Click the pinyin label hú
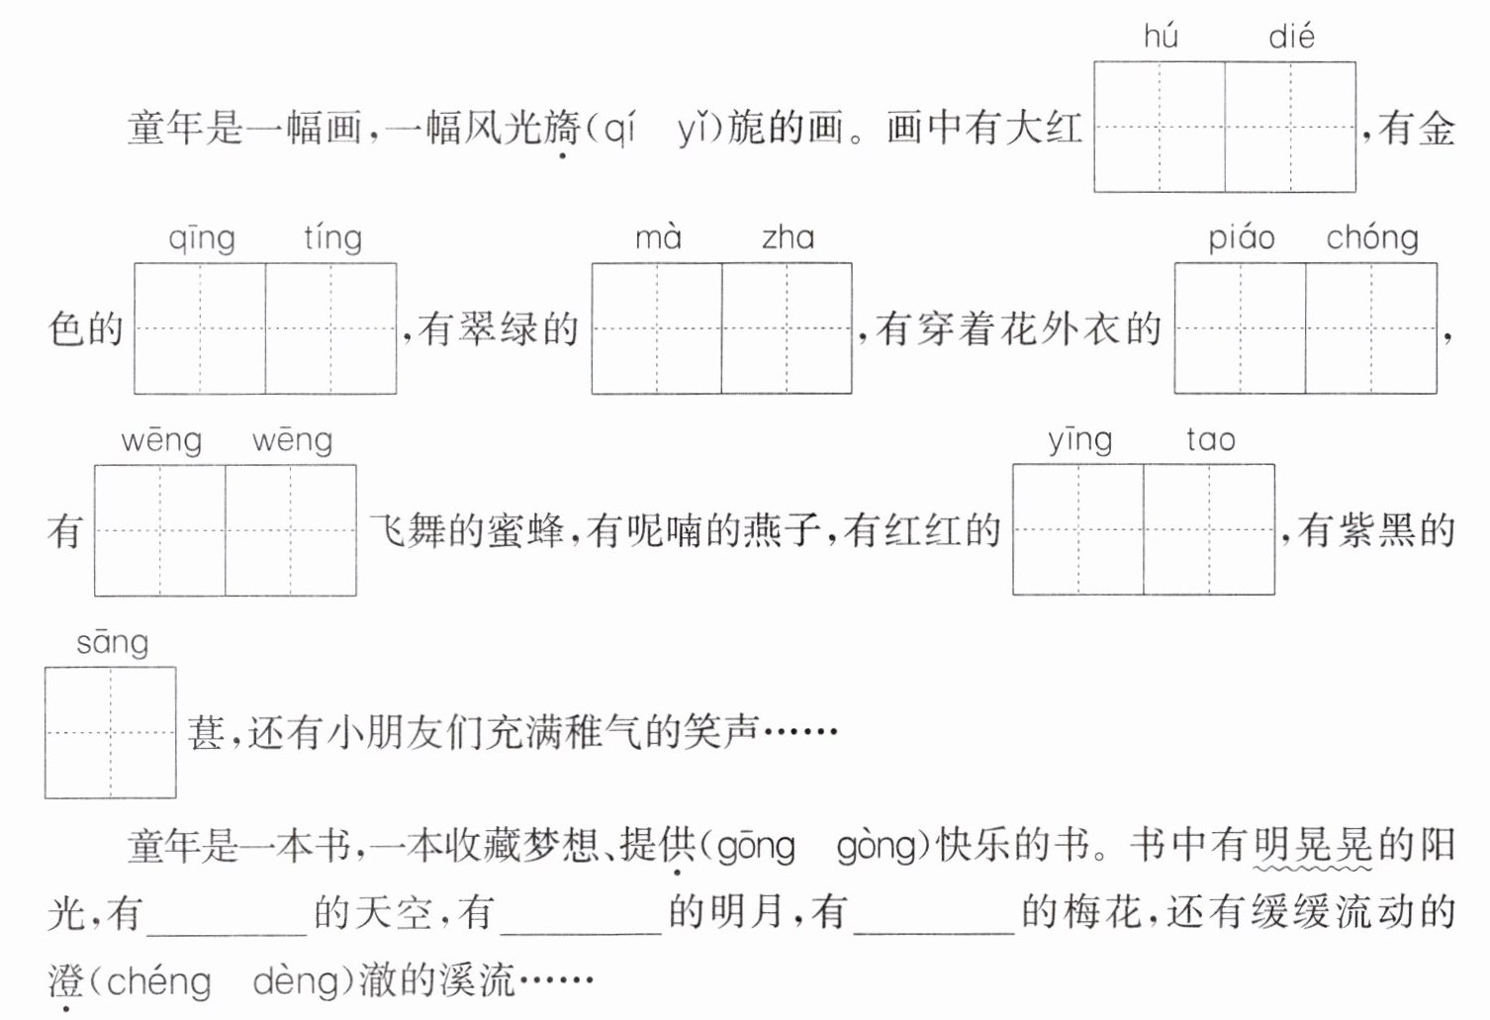click(x=1161, y=36)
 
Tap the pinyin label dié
click(x=1291, y=36)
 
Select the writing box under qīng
click(x=200, y=328)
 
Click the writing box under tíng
click(x=331, y=328)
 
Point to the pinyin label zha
click(x=788, y=237)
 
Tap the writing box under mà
click(x=657, y=328)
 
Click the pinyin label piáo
click(x=1242, y=238)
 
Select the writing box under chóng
click(x=1371, y=328)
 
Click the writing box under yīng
click(x=1078, y=529)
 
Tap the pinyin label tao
click(x=1211, y=440)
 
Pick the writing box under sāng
click(x=111, y=732)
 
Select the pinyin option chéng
click(x=158, y=982)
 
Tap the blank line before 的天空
click(x=227, y=935)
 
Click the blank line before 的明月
click(x=581, y=935)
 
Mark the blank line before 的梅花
click(x=934, y=935)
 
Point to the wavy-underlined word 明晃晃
click(x=1312, y=846)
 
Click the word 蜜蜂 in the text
click(x=525, y=531)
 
